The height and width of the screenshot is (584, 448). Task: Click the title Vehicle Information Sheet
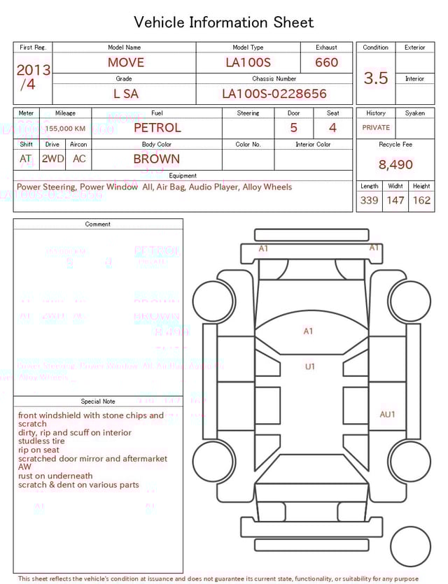point(223,22)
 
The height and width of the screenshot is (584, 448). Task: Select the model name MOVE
point(126,62)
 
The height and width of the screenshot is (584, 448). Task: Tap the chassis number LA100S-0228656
point(274,94)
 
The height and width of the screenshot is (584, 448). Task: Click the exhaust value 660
point(326,62)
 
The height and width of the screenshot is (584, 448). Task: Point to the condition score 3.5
point(376,78)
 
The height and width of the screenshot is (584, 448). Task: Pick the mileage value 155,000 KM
point(65,129)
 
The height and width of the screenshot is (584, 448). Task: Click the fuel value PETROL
point(157,128)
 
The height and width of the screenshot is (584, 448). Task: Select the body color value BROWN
point(157,159)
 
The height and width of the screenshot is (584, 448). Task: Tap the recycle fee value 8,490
point(395,165)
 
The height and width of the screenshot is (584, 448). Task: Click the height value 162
point(421,201)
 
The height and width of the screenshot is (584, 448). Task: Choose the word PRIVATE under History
point(376,128)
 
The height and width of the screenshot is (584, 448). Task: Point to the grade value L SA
point(126,94)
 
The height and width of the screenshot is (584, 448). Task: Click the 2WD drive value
point(52,159)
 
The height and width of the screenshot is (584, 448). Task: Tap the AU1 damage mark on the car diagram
point(387,415)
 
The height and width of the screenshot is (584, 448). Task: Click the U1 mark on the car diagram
point(309,366)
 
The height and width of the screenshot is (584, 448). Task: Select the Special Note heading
point(98,401)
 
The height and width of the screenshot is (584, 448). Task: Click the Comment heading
point(98,225)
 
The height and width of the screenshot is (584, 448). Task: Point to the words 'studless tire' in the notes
point(41,441)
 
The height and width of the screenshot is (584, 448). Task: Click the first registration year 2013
point(33,70)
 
